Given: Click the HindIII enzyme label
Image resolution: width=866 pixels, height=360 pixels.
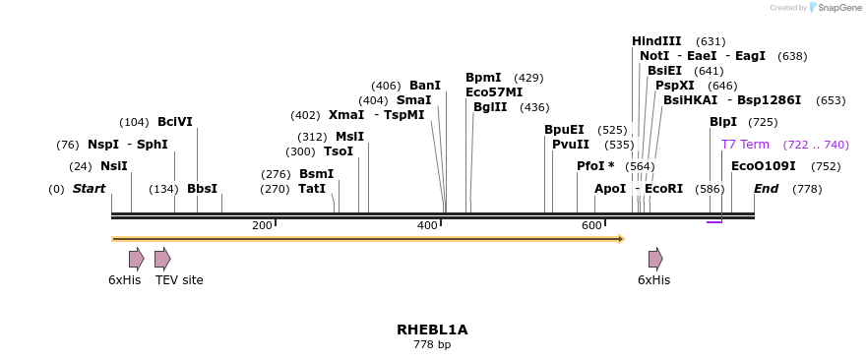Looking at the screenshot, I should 656,41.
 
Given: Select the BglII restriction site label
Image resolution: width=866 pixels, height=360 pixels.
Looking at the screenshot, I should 490,107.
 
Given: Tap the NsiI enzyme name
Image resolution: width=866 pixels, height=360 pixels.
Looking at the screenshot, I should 114,166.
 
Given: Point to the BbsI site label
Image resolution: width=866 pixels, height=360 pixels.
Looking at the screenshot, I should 202,189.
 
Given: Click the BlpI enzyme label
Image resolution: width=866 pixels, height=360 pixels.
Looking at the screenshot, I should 723,122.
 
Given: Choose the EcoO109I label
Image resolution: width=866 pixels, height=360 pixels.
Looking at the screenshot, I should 764,166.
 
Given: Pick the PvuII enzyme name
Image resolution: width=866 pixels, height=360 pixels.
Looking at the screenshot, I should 571,145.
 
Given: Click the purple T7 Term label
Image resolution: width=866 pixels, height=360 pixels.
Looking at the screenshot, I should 745,145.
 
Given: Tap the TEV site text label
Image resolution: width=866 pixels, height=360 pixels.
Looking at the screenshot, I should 179,280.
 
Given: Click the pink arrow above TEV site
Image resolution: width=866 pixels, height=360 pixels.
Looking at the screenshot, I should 162,259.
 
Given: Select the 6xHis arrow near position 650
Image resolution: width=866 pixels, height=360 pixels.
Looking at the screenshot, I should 655,259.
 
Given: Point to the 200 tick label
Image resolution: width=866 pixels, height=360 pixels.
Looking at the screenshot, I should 262,226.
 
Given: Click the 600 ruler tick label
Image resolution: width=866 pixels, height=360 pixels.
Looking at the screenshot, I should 591,226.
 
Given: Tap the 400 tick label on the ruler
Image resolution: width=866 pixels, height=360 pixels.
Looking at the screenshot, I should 427,226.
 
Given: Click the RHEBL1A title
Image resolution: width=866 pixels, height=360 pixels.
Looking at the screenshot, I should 432,330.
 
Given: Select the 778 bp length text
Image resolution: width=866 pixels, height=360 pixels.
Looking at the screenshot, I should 432,345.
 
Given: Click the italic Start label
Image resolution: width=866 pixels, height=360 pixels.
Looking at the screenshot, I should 89,189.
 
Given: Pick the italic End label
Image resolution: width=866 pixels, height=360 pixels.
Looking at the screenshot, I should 766,189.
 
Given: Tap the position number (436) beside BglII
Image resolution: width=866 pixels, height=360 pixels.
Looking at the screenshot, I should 534,107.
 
